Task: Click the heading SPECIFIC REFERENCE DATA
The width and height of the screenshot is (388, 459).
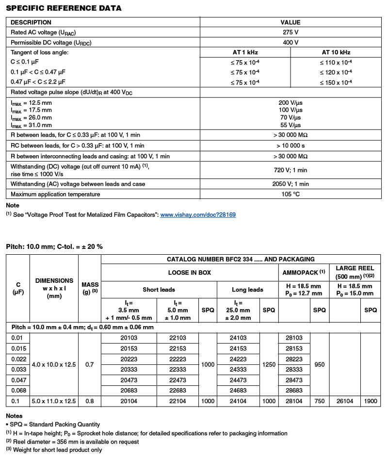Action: pos(64,8)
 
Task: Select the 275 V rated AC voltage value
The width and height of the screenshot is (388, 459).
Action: pos(291,32)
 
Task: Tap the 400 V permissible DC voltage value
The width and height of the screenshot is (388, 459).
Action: pos(291,42)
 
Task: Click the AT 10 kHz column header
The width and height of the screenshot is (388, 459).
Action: pos(336,52)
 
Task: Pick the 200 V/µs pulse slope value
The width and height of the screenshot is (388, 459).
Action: pos(291,103)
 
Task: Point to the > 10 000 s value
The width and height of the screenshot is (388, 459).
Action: pos(291,146)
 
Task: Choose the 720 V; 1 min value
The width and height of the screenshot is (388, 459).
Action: pos(291,170)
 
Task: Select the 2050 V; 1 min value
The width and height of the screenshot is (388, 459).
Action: pos(291,184)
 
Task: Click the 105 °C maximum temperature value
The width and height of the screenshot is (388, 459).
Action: pos(291,195)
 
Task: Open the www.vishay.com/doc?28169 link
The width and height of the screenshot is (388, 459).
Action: pos(198,214)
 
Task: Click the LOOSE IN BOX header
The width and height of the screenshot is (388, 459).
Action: pos(189,273)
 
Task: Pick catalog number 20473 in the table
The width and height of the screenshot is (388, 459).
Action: pos(129,380)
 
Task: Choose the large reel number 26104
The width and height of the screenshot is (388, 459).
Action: pos(345,401)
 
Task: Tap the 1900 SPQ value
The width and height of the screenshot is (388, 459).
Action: pos(371,401)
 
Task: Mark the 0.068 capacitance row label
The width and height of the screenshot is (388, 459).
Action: pos(18,391)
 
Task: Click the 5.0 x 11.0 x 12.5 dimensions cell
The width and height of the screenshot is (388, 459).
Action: pos(54,401)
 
